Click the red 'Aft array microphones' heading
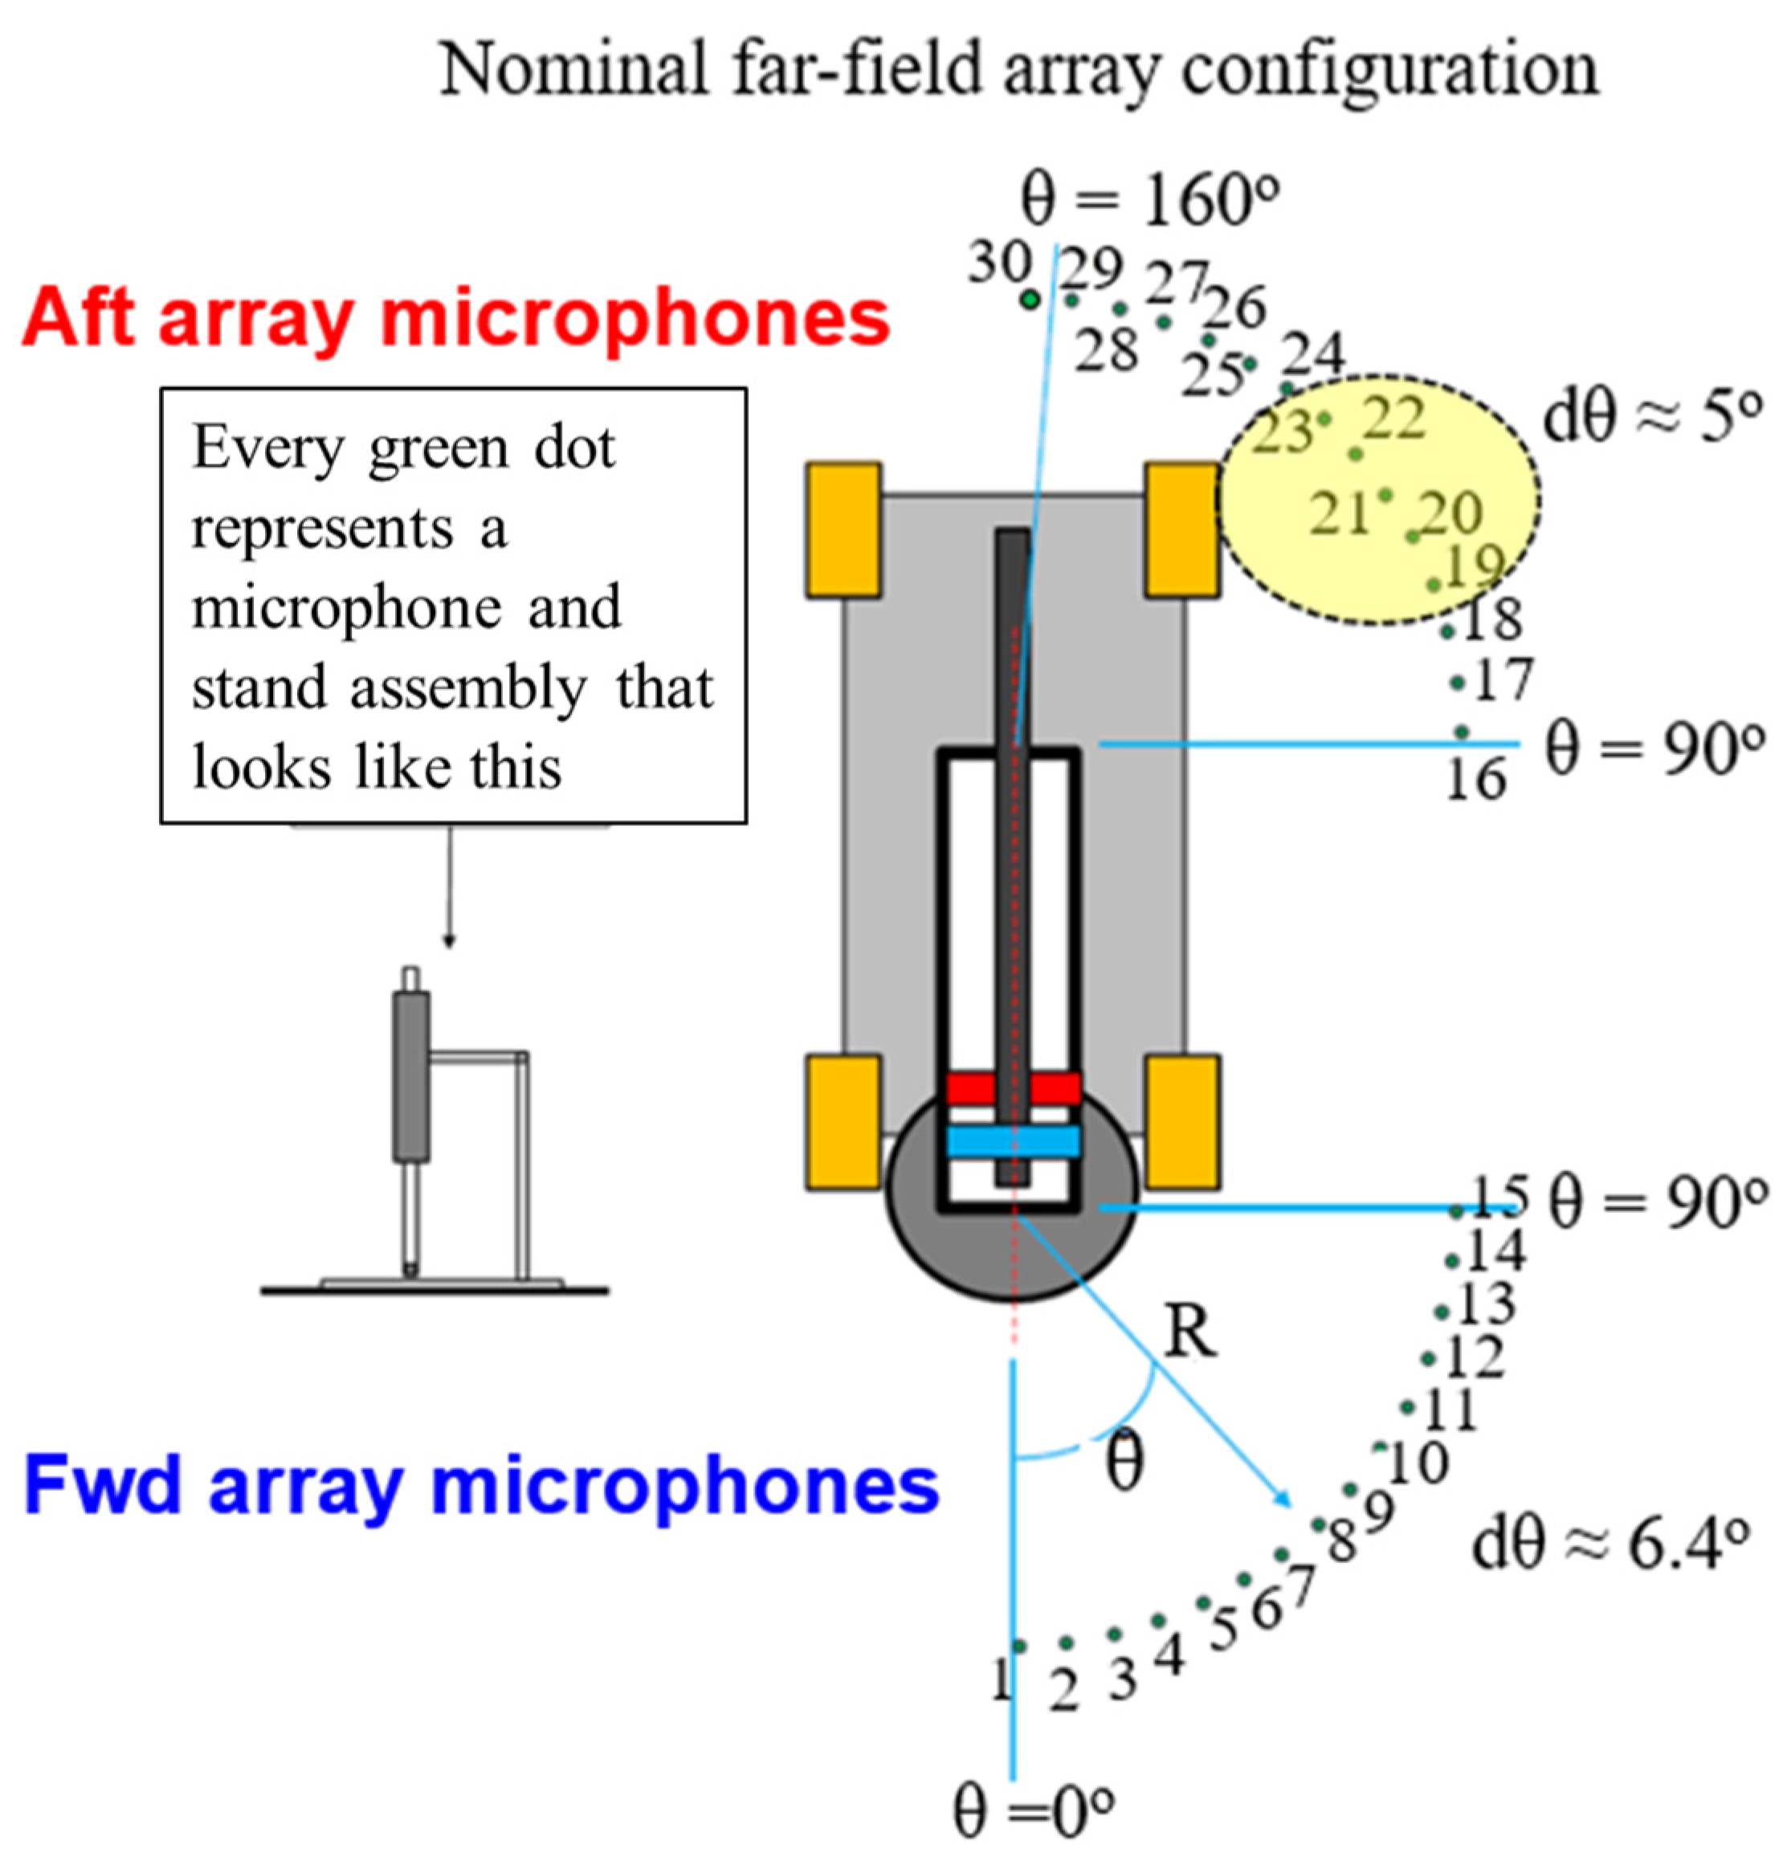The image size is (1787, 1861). point(455,320)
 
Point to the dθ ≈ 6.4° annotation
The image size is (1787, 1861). point(1610,1545)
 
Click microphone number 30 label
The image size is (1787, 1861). point(999,262)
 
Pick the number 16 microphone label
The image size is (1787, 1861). point(1475,781)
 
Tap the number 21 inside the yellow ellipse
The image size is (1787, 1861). point(1339,515)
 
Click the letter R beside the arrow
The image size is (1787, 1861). point(1189,1332)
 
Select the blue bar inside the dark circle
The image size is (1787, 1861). point(1013,1141)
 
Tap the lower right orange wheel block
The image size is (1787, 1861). point(1182,1121)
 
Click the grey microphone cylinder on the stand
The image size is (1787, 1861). point(411,1075)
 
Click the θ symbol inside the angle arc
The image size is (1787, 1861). point(1125,1463)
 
